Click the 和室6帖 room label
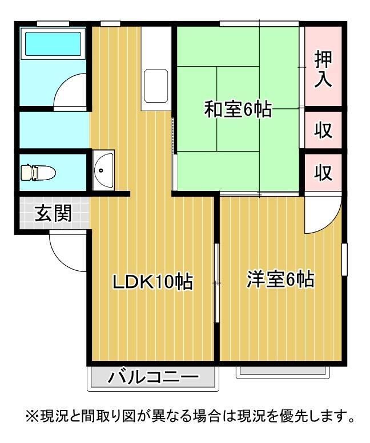point(238,108)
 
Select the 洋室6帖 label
point(280,280)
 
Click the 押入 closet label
point(324,68)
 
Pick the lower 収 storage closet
point(324,172)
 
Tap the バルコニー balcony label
point(154,377)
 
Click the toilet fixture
point(37,171)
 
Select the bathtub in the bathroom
point(53,43)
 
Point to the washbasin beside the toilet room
point(104,169)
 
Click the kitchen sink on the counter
point(155,86)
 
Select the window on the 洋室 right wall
point(344,260)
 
